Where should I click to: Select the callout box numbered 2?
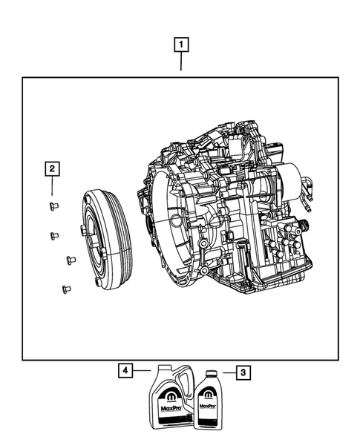[x=50, y=171]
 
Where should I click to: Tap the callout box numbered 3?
[x=243, y=372]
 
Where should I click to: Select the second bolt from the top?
[x=54, y=236]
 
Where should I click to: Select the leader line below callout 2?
[x=50, y=188]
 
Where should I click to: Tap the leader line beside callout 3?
[x=226, y=372]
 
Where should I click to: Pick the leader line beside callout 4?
[x=143, y=369]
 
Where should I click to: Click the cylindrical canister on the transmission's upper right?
[x=292, y=181]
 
